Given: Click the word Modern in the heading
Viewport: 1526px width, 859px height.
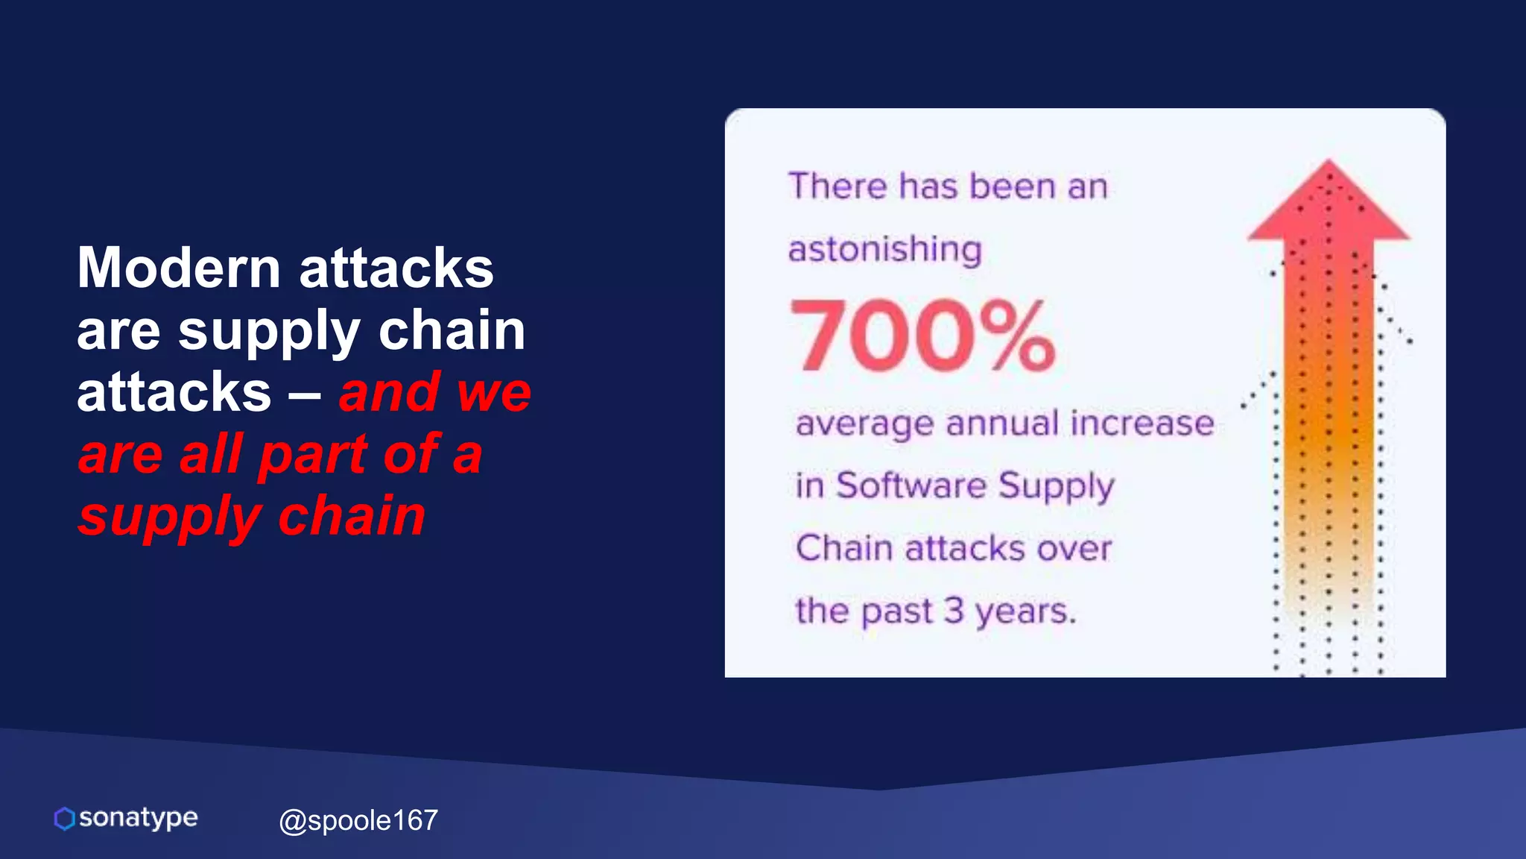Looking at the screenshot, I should click(179, 268).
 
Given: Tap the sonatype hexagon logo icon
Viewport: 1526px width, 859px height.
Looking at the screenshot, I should click(65, 819).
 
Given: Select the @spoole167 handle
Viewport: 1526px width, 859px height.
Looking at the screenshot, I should click(358, 820).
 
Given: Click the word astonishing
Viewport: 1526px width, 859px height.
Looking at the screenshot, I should click(885, 249).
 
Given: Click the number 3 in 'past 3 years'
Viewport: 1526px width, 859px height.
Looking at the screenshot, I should click(954, 611).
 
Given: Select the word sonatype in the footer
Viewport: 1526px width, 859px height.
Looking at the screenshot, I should click(139, 818).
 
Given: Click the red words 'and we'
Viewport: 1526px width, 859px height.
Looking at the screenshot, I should click(435, 392).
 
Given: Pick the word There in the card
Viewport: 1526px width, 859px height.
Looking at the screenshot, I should click(838, 186).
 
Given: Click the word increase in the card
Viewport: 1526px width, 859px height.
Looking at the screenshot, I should click(1142, 424).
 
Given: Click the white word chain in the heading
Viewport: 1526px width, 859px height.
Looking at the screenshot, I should click(452, 330).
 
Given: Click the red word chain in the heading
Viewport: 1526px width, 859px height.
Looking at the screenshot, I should click(352, 516).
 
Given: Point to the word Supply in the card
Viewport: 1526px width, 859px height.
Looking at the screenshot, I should click(1056, 487).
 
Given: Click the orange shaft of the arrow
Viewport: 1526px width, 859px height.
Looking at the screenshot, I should click(1329, 432).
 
